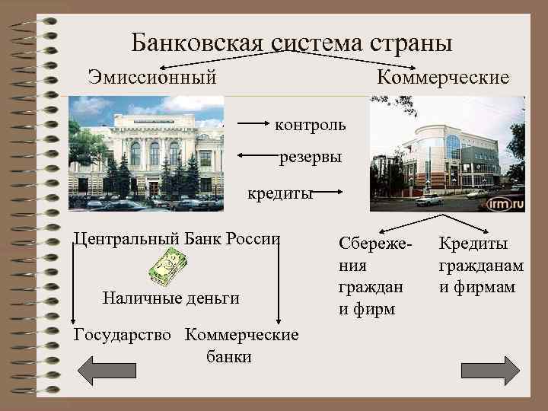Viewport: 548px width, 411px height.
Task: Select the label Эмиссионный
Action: click(x=152, y=78)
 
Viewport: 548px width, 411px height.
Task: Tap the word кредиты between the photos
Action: click(x=280, y=193)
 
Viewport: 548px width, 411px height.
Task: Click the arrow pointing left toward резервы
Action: click(x=257, y=156)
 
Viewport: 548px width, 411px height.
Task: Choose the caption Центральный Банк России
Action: click(x=177, y=237)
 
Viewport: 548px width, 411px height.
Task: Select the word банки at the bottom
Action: click(x=229, y=356)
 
